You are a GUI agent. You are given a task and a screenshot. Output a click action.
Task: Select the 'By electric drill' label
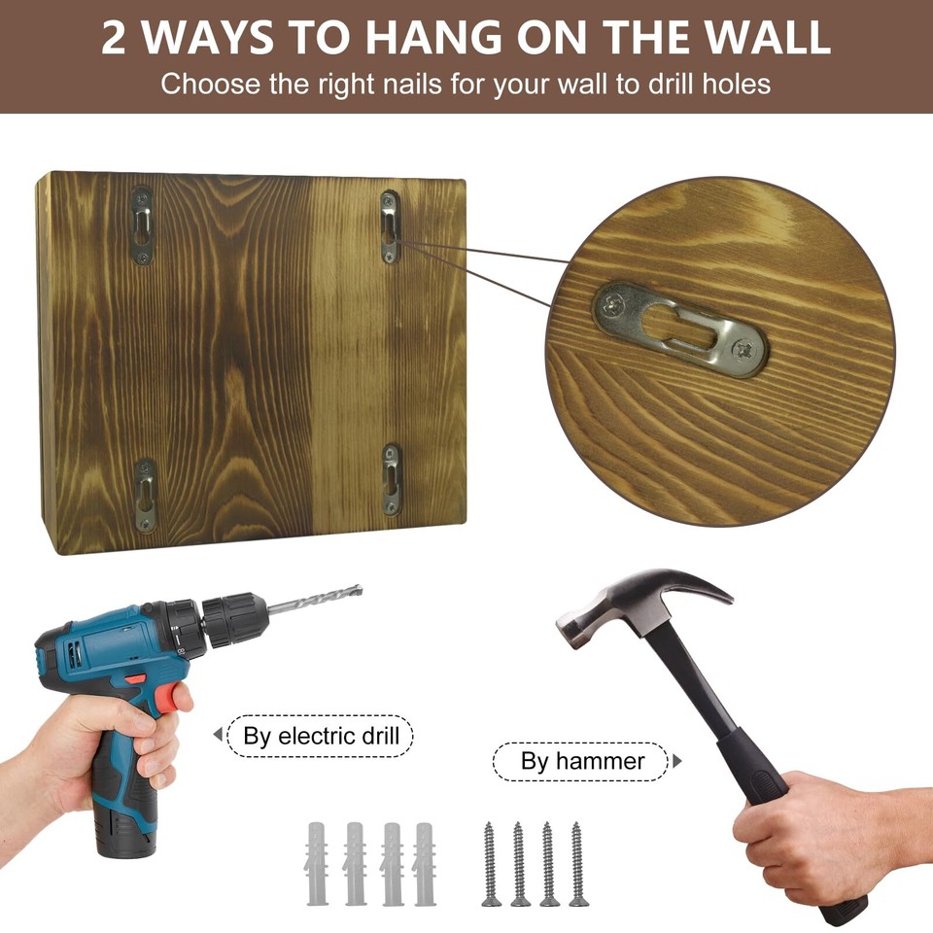[321, 735]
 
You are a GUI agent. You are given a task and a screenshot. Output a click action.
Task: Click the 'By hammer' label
[582, 761]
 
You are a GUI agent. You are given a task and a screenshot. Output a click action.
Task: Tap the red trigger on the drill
[171, 696]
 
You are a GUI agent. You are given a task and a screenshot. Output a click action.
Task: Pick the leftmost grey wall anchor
[318, 863]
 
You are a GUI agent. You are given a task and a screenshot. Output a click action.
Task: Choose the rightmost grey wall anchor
[425, 863]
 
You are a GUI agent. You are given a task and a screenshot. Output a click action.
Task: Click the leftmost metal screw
[491, 863]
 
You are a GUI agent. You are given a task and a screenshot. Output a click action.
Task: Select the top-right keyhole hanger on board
[390, 227]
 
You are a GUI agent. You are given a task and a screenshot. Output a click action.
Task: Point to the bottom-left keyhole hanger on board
[145, 496]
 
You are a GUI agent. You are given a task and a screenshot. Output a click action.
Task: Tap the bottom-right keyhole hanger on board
[392, 480]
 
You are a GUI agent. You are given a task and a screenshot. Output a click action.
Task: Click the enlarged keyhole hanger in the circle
[679, 330]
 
